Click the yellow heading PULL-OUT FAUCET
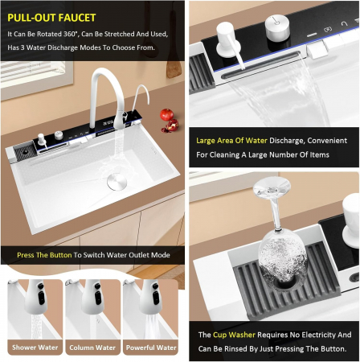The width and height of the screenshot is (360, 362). coord(51,18)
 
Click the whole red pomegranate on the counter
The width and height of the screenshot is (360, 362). coord(166,114)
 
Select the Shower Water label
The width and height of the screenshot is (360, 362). coord(35,348)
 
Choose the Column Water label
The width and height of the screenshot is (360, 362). coord(92,348)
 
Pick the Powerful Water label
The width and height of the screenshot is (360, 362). coord(151,348)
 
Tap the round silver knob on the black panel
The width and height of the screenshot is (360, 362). coord(277,27)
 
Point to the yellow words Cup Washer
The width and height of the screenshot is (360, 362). coord(234,335)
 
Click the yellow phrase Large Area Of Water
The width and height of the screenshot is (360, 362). coord(231,141)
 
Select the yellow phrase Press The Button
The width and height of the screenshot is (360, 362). coord(44,255)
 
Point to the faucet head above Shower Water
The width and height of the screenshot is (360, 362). coord(36,296)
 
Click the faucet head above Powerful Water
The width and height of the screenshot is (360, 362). coord(152,296)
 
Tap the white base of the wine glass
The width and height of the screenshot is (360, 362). coord(272,186)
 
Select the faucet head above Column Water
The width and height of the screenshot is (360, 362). coord(93,296)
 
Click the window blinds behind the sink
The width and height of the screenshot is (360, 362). coord(37,75)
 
